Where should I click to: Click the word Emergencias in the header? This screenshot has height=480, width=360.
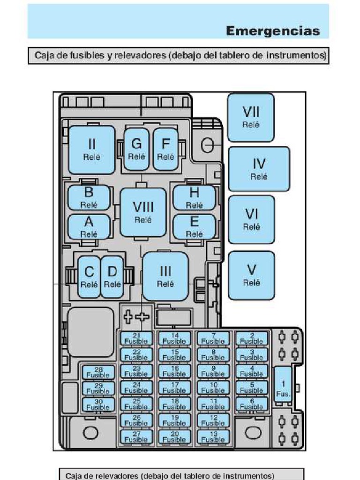click(273, 31)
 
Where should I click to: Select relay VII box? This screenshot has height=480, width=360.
click(251, 117)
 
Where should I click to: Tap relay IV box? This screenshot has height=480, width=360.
click(259, 169)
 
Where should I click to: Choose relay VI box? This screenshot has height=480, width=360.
click(251, 219)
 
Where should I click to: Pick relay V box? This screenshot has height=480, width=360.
click(251, 275)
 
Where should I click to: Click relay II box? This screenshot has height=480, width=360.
click(92, 150)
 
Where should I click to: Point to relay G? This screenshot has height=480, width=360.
click(136, 149)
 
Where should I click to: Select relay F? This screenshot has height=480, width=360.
click(165, 149)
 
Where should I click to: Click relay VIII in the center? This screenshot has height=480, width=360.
click(143, 212)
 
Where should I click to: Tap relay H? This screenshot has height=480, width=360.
click(194, 197)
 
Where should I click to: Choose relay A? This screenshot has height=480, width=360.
click(89, 227)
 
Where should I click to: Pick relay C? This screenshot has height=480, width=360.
click(89, 277)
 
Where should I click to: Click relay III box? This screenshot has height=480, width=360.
click(165, 276)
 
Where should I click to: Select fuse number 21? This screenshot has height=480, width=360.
click(136, 338)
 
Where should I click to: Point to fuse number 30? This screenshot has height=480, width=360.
click(98, 405)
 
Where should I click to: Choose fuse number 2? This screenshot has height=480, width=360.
click(252, 338)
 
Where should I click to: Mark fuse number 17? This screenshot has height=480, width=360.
click(175, 387)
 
